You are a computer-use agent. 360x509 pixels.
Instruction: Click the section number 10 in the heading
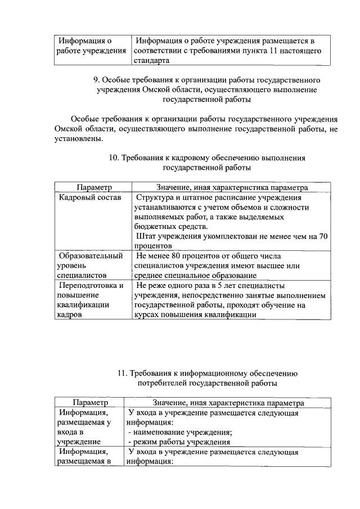pyautogui.click(x=113, y=158)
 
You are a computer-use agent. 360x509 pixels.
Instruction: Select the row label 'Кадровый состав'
pyautogui.click(x=89, y=197)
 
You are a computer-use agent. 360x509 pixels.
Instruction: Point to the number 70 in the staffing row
pyautogui.click(x=323, y=236)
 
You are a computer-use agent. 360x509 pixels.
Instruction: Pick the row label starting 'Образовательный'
pyautogui.click(x=91, y=256)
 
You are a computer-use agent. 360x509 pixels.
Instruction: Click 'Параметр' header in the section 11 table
pyautogui.click(x=91, y=403)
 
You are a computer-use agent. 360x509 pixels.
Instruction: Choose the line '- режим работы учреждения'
pyautogui.click(x=176, y=442)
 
